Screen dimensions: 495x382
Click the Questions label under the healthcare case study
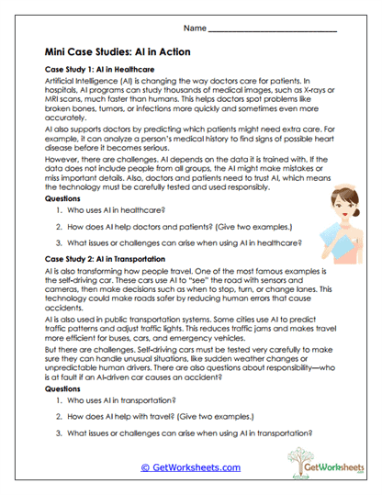click(x=67, y=197)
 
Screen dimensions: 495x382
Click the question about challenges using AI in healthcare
click(x=184, y=242)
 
